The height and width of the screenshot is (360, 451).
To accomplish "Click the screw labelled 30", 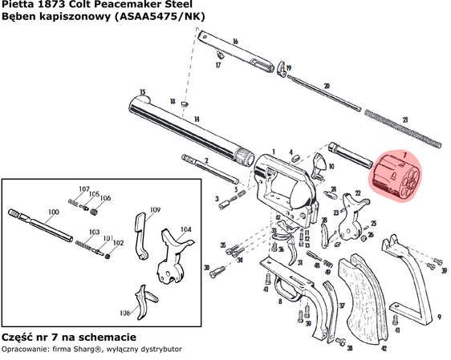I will [x=215, y=273].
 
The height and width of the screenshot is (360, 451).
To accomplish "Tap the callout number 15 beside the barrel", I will [x=142, y=92].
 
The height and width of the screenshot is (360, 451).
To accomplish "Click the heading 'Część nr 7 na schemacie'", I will [x=68, y=337].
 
